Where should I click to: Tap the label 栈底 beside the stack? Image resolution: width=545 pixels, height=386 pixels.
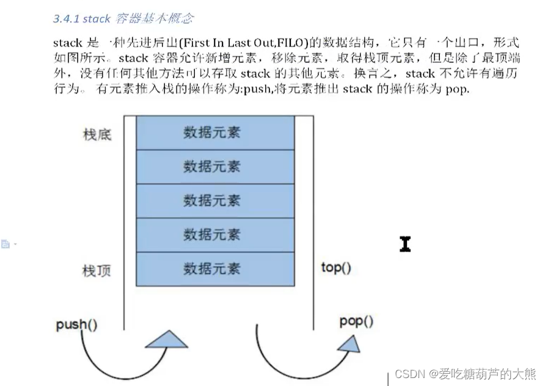(97, 134)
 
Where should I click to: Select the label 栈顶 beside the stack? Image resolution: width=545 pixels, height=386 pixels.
(97, 269)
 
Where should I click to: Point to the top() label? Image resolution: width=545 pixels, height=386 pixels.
(336, 268)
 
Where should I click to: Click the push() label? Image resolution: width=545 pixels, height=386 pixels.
(76, 324)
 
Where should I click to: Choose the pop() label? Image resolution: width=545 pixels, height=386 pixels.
(356, 321)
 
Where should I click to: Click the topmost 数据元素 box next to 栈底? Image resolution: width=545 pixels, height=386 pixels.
(212, 133)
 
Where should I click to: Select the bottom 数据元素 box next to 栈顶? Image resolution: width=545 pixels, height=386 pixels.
(212, 269)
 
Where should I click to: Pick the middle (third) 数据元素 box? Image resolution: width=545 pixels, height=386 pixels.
(212, 200)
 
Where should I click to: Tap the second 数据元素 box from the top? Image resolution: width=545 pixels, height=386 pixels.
(212, 167)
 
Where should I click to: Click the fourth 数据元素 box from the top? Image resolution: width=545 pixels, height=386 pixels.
(212, 235)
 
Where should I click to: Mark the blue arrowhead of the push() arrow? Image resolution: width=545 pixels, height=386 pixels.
(167, 340)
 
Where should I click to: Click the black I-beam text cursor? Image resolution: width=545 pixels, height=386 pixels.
(405, 244)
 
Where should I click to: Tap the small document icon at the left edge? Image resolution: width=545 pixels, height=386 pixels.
(5, 244)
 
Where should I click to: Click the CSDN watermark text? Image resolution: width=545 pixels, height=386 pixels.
(465, 374)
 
